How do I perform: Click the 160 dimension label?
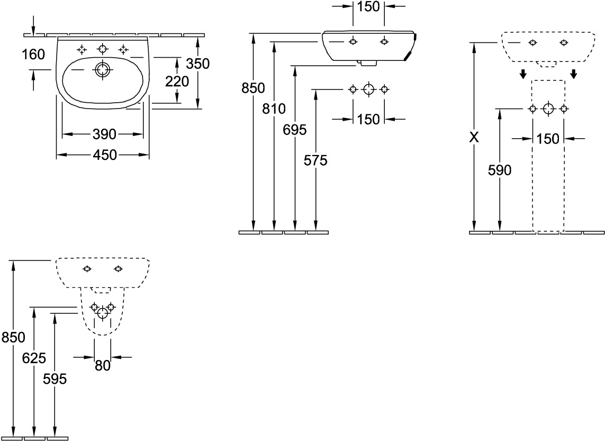(x=33, y=54)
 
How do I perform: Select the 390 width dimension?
(x=104, y=134)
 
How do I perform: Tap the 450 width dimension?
(x=104, y=155)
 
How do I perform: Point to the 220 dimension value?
(x=177, y=82)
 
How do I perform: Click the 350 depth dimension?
(x=197, y=64)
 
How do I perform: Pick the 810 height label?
(x=274, y=109)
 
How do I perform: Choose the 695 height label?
(x=295, y=130)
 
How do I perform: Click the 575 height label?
(x=315, y=160)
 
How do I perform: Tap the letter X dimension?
(x=474, y=138)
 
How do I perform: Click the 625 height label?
(x=34, y=358)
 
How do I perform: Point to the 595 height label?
(x=55, y=379)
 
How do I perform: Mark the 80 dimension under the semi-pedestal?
(x=103, y=365)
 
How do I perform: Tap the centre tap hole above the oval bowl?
(x=102, y=49)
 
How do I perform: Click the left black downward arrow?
(x=522, y=74)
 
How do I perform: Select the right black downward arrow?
(x=574, y=74)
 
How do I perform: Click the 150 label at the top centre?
(x=368, y=6)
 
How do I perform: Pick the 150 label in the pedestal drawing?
(x=548, y=139)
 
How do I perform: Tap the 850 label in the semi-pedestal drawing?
(x=13, y=337)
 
